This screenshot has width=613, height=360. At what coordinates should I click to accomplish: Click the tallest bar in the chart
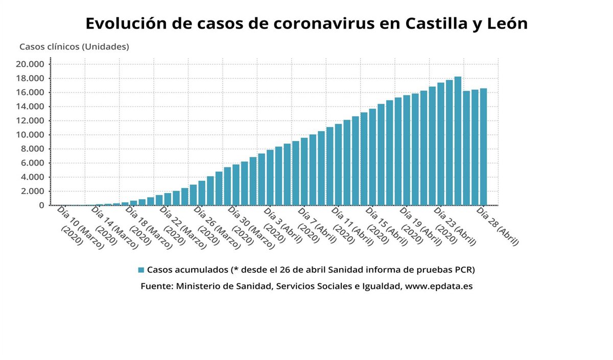[458, 141]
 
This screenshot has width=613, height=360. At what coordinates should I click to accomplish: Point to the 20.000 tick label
[31, 64]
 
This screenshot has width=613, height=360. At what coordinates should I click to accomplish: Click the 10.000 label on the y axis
[31, 135]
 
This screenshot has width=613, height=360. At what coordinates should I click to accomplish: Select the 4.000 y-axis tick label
[33, 177]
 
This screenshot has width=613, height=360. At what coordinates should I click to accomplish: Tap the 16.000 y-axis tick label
[31, 92]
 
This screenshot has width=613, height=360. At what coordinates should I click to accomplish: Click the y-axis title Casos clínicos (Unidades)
[74, 46]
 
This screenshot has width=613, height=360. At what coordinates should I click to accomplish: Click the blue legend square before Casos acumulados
[141, 269]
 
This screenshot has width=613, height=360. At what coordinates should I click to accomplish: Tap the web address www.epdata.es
[438, 286]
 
